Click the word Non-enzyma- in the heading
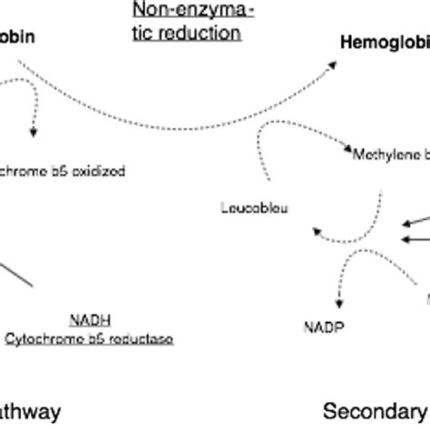pos(188,11)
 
